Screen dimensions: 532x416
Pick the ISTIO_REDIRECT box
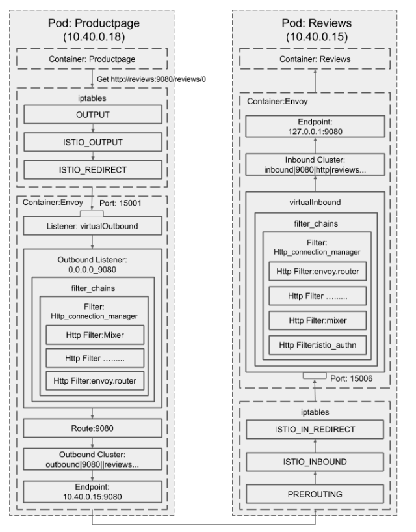tap(92, 169)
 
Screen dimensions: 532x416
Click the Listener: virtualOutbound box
tap(92, 227)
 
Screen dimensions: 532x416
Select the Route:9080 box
tap(92, 428)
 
